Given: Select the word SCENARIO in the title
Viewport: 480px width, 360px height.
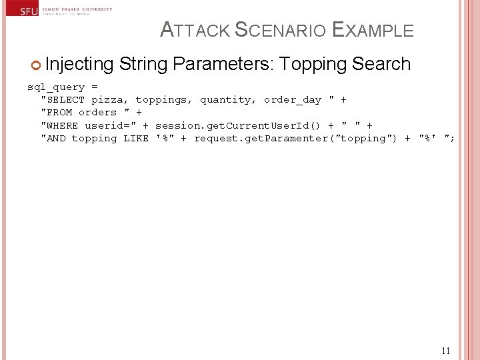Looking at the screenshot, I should coord(281,31).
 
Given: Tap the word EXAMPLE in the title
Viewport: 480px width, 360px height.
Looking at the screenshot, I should coord(373,31).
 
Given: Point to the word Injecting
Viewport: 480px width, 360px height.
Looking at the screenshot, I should coord(80,65).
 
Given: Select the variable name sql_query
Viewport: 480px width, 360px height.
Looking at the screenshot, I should coord(55,87).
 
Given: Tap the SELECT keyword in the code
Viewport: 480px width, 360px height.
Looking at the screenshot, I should coord(65,100).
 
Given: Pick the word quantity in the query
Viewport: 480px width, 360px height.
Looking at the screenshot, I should coord(228,100).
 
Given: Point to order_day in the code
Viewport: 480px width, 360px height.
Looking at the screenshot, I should coord(293,100).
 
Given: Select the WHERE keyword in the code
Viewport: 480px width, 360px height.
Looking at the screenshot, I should coord(62,125).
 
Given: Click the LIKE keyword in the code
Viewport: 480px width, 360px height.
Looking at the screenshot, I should coord(136,138).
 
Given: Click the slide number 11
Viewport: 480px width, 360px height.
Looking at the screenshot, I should coord(446,351).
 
